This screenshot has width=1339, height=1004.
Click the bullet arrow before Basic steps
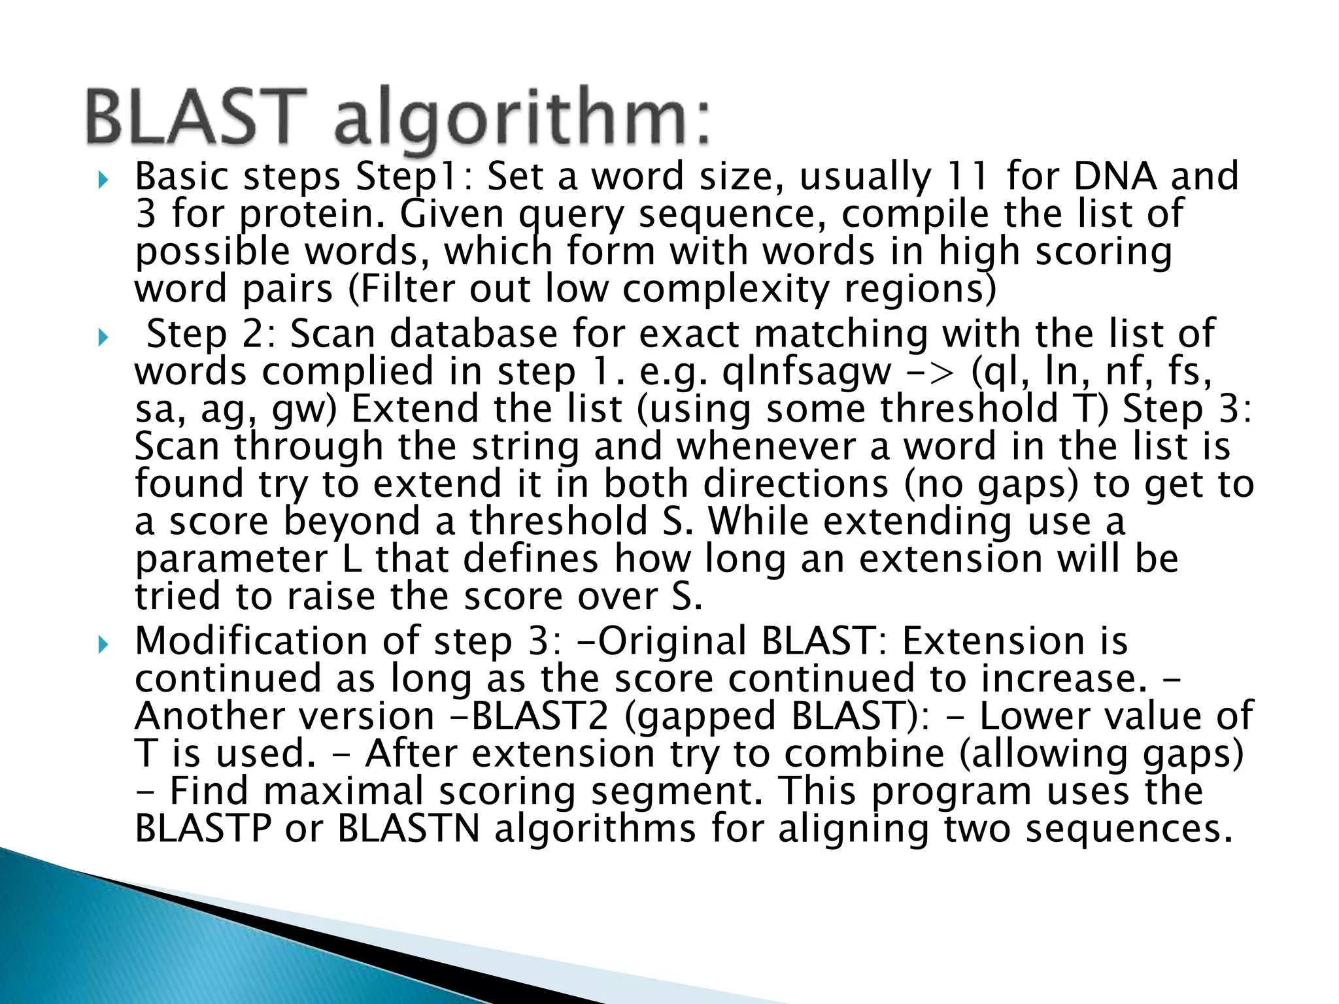click(x=101, y=179)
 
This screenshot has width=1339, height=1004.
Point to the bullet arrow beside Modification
click(x=101, y=644)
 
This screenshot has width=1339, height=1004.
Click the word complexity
click(x=726, y=289)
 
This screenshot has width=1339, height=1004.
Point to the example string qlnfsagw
click(x=807, y=372)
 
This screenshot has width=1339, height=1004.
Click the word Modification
click(x=251, y=641)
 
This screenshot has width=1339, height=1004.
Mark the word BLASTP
click(x=203, y=829)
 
